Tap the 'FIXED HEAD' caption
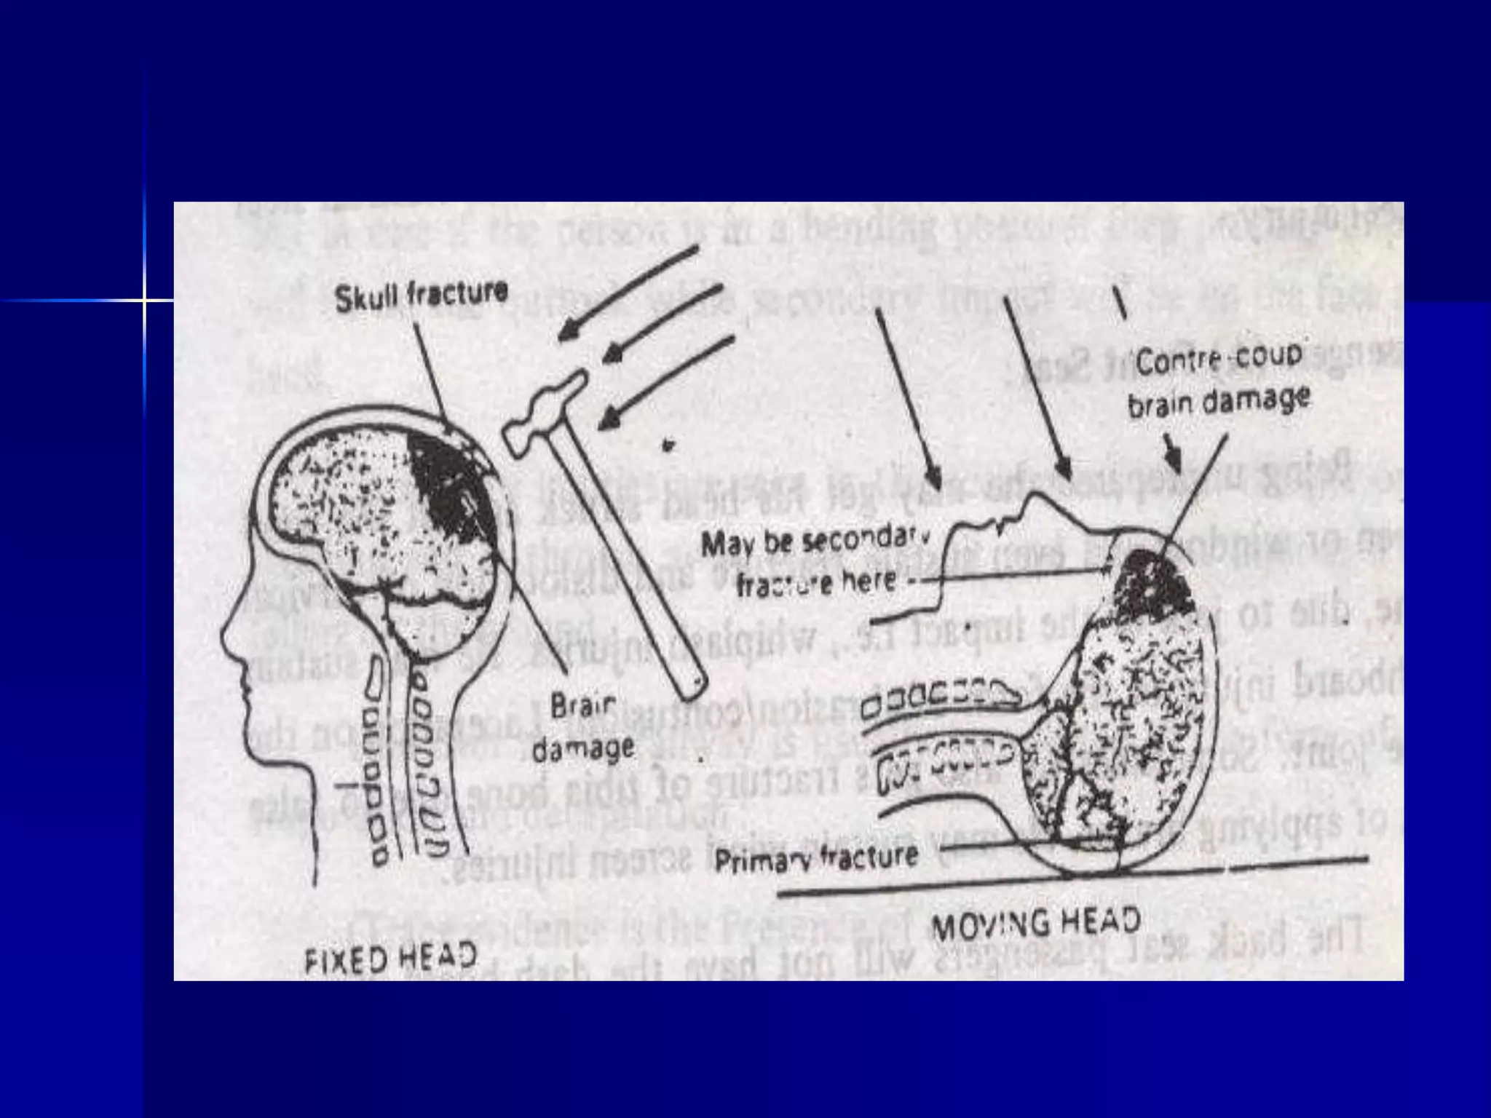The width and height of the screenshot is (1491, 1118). [x=389, y=957]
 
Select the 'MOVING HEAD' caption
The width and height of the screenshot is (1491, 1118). [x=1035, y=924]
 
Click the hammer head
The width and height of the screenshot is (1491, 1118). [x=546, y=411]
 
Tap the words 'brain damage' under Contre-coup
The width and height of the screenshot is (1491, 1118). [x=1219, y=401]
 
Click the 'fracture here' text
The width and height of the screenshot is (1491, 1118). [x=815, y=583]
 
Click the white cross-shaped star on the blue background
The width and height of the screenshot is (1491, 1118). [x=145, y=300]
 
